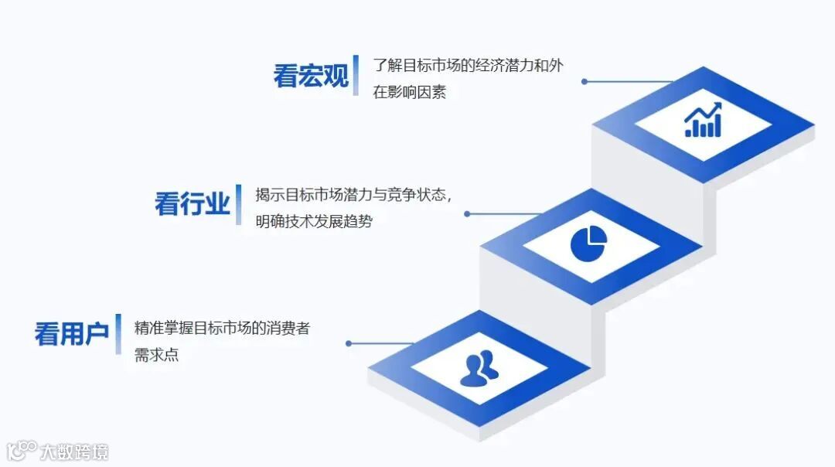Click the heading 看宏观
click(x=311, y=76)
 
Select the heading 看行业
click(x=193, y=205)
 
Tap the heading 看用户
click(x=71, y=334)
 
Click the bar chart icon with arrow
click(x=703, y=121)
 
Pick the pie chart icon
click(x=589, y=242)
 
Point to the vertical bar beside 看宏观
click(x=356, y=75)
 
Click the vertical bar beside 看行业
click(x=239, y=205)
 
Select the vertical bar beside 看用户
click(x=118, y=334)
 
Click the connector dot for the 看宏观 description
click(x=584, y=81)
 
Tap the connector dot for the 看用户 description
click(x=349, y=343)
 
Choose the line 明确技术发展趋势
click(x=314, y=222)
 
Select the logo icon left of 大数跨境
click(x=22, y=451)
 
